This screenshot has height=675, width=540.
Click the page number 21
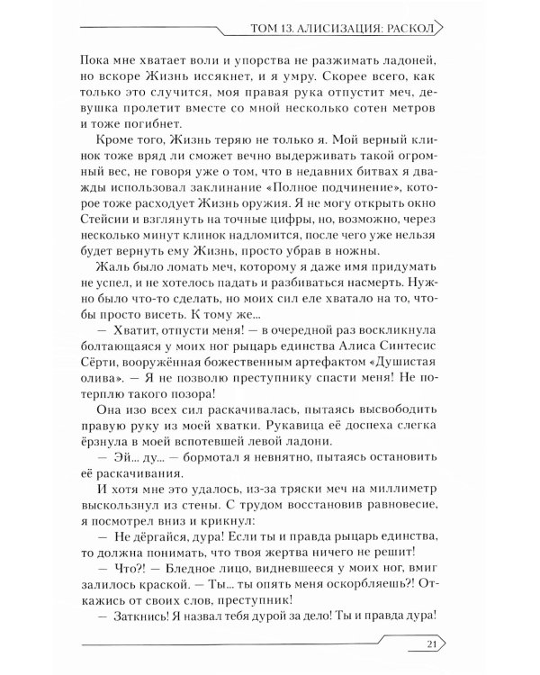(x=429, y=643)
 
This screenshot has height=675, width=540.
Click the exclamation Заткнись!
(x=148, y=616)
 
